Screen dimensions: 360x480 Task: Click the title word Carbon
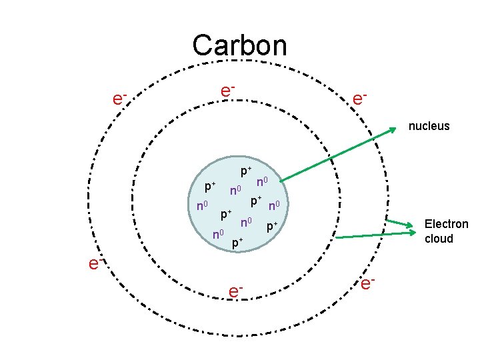pyautogui.click(x=239, y=45)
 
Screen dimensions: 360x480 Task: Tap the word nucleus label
pyautogui.click(x=429, y=125)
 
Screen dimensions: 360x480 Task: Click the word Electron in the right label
pyautogui.click(x=447, y=224)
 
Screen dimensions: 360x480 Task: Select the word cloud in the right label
pyautogui.click(x=439, y=239)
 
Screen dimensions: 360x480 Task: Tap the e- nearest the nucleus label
pyautogui.click(x=359, y=99)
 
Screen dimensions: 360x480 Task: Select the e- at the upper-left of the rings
pyautogui.click(x=120, y=99)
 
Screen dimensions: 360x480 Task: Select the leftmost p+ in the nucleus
pyautogui.click(x=210, y=186)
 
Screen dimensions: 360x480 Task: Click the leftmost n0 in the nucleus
pyautogui.click(x=203, y=205)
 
